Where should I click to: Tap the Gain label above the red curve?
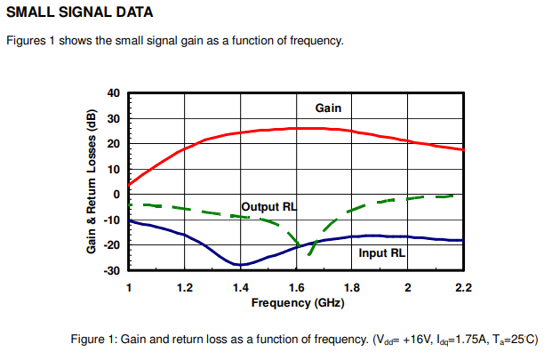click(x=329, y=108)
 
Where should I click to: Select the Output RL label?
click(x=269, y=206)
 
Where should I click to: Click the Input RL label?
click(x=382, y=253)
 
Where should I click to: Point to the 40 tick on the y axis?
click(x=112, y=93)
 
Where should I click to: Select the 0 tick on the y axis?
click(x=116, y=195)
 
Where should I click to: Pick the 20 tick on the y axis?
click(x=112, y=144)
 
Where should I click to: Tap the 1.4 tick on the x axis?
click(x=240, y=287)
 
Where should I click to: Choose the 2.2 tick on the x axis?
click(x=463, y=287)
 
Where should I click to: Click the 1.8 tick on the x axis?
click(x=351, y=287)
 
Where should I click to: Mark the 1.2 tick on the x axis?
click(x=184, y=287)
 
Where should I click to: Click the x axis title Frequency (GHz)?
click(x=297, y=302)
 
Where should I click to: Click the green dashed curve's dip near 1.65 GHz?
click(x=309, y=254)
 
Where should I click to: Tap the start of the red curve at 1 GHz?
click(x=130, y=184)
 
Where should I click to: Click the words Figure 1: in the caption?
click(x=94, y=340)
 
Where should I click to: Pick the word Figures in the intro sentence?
click(x=27, y=41)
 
